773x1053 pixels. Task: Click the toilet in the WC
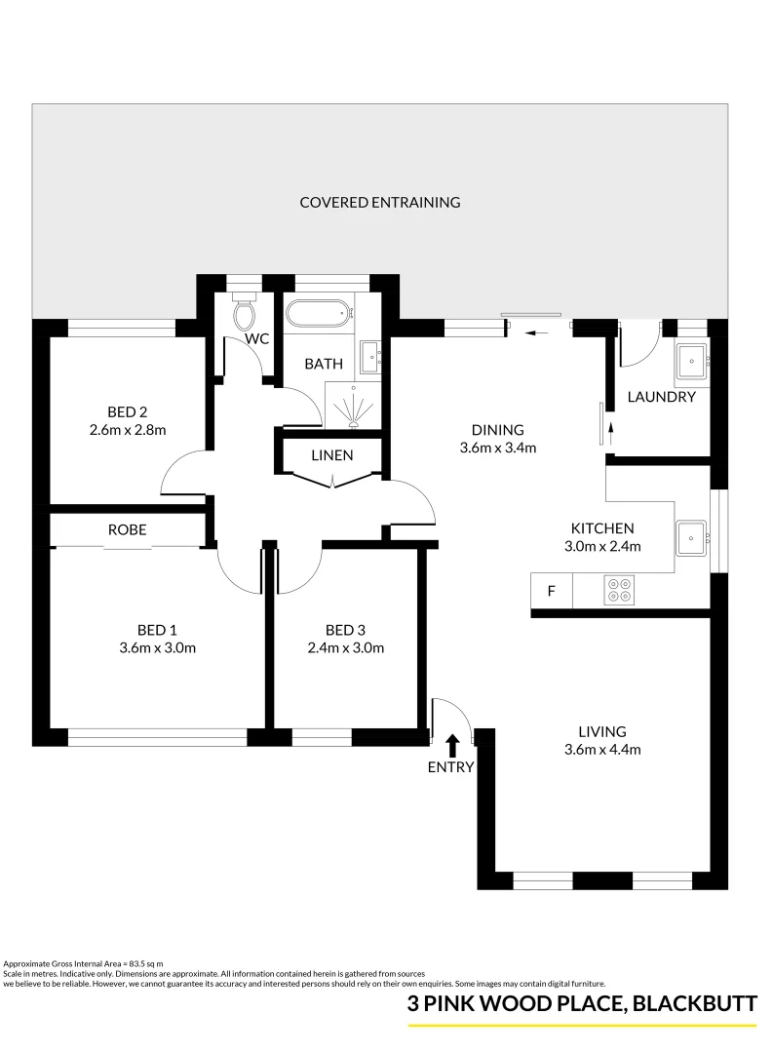pos(244,314)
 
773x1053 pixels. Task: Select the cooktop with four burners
pos(618,591)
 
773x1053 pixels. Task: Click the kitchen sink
pos(691,535)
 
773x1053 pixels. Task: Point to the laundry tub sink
pos(693,360)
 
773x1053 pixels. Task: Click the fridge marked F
pos(551,591)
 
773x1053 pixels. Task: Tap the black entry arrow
pos(452,746)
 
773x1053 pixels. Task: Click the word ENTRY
pos(451,767)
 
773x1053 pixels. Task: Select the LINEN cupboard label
pos(332,455)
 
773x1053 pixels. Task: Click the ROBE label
pos(128,529)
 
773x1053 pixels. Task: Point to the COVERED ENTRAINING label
pos(380,203)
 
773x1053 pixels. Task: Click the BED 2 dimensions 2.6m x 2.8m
pos(128,429)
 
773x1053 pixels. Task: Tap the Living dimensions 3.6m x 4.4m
pos(601,750)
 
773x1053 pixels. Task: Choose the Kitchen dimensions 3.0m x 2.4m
pos(602,546)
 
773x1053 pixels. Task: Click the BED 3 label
pos(346,629)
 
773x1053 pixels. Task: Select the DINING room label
pos(498,430)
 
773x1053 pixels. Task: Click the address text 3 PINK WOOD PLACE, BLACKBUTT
pos(582,1004)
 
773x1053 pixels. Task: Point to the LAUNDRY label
pos(661,397)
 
